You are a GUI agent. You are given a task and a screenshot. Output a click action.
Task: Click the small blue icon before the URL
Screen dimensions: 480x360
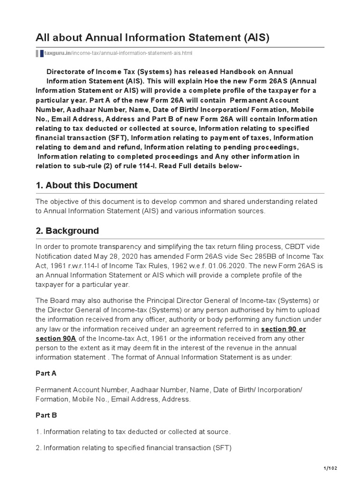click(x=41, y=53)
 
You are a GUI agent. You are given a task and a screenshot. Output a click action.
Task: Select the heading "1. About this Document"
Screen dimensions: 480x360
click(x=87, y=185)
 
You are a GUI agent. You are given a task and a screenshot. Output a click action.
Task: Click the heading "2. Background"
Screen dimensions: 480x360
click(x=67, y=231)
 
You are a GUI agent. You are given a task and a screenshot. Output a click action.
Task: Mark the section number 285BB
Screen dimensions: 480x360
click(x=269, y=256)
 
